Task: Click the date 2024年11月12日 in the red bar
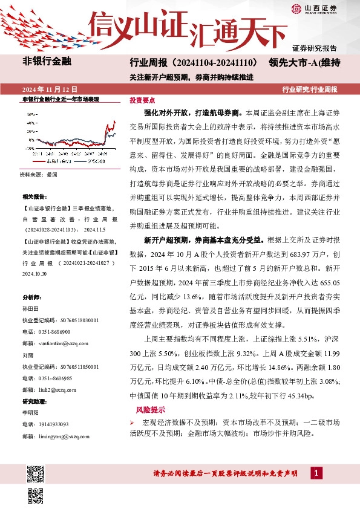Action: click(47, 89)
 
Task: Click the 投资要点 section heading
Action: click(143, 100)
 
